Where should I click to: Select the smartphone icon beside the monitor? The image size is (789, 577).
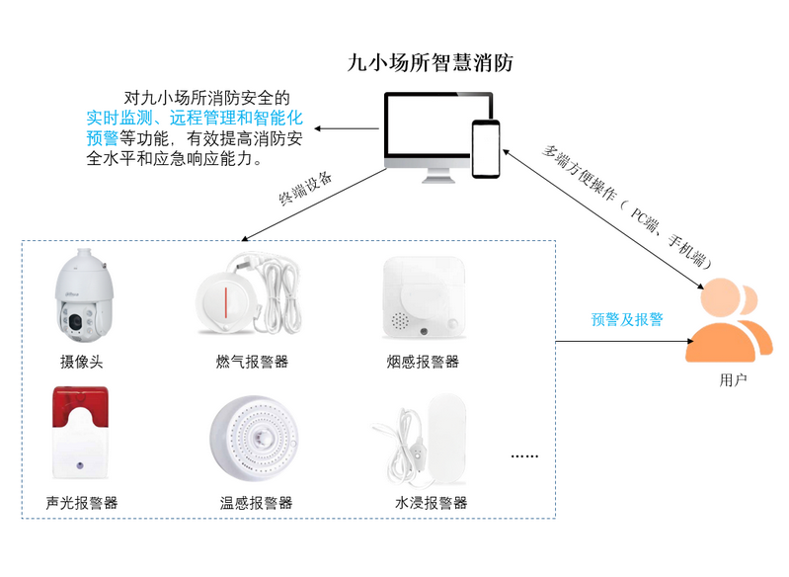486,148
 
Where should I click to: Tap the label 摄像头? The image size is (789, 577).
81,362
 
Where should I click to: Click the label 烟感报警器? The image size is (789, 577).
423,362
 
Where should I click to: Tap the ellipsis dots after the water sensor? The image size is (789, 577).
523,456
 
